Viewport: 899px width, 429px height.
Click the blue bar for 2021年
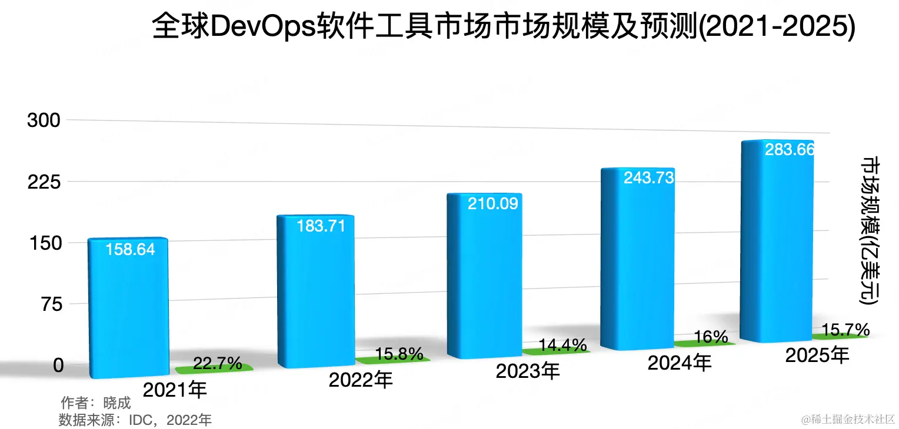click(128, 309)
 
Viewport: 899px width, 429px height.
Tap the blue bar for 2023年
click(484, 276)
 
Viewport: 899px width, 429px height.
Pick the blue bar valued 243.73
click(638, 259)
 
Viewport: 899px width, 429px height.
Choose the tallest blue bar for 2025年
click(777, 241)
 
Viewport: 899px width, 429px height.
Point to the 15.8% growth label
click(398, 354)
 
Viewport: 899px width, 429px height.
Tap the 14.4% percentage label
click(562, 344)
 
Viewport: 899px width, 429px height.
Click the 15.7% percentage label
click(845, 329)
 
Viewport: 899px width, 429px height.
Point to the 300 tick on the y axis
click(44, 120)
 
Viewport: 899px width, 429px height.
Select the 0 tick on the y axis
click(58, 366)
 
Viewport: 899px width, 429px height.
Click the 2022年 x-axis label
click(361, 380)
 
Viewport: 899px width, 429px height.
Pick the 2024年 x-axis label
click(680, 363)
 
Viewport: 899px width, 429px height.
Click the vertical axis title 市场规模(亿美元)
click(870, 231)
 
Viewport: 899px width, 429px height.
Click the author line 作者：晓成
click(95, 403)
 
